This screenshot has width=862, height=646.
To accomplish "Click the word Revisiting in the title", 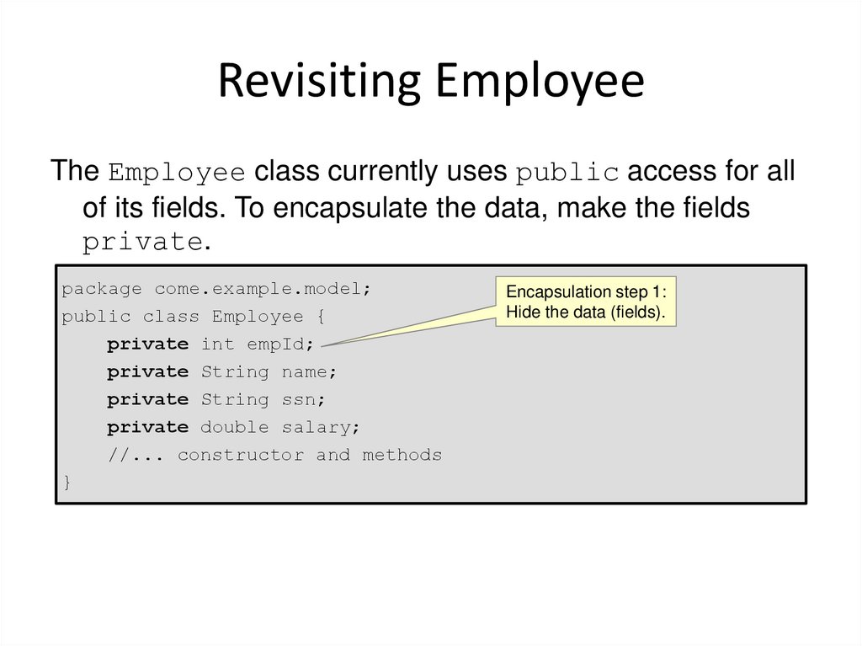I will (313, 81).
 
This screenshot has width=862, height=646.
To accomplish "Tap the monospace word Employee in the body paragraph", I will (177, 173).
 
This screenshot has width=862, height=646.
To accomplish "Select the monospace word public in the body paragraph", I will (567, 173).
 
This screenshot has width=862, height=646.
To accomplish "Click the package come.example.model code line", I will (215, 289).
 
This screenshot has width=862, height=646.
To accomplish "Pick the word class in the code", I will (171, 317).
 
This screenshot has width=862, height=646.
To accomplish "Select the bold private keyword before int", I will (147, 344).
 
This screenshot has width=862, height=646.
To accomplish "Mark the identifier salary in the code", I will (320, 427).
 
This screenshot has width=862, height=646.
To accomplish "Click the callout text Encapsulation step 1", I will (585, 292).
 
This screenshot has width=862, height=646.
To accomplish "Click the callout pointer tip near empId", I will (323, 344).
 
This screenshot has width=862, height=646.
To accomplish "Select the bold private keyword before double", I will (147, 427).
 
